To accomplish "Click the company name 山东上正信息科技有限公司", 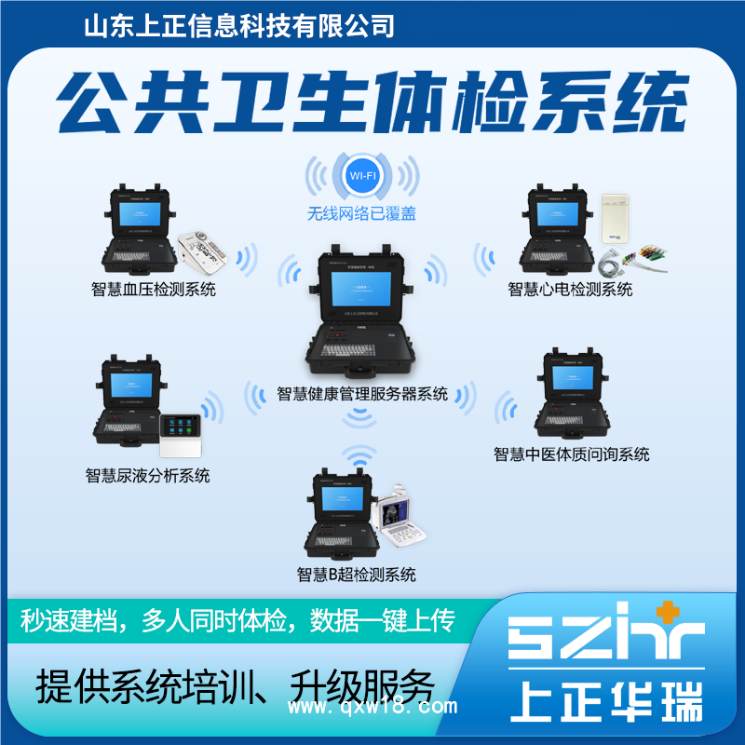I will [239, 25].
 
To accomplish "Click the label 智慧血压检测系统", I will [154, 290].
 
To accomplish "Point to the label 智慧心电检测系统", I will [570, 290].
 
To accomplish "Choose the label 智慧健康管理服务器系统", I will [363, 394].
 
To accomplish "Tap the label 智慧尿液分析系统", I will [148, 476].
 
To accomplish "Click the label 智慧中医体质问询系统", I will [572, 454].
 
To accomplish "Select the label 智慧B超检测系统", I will [357, 574].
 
